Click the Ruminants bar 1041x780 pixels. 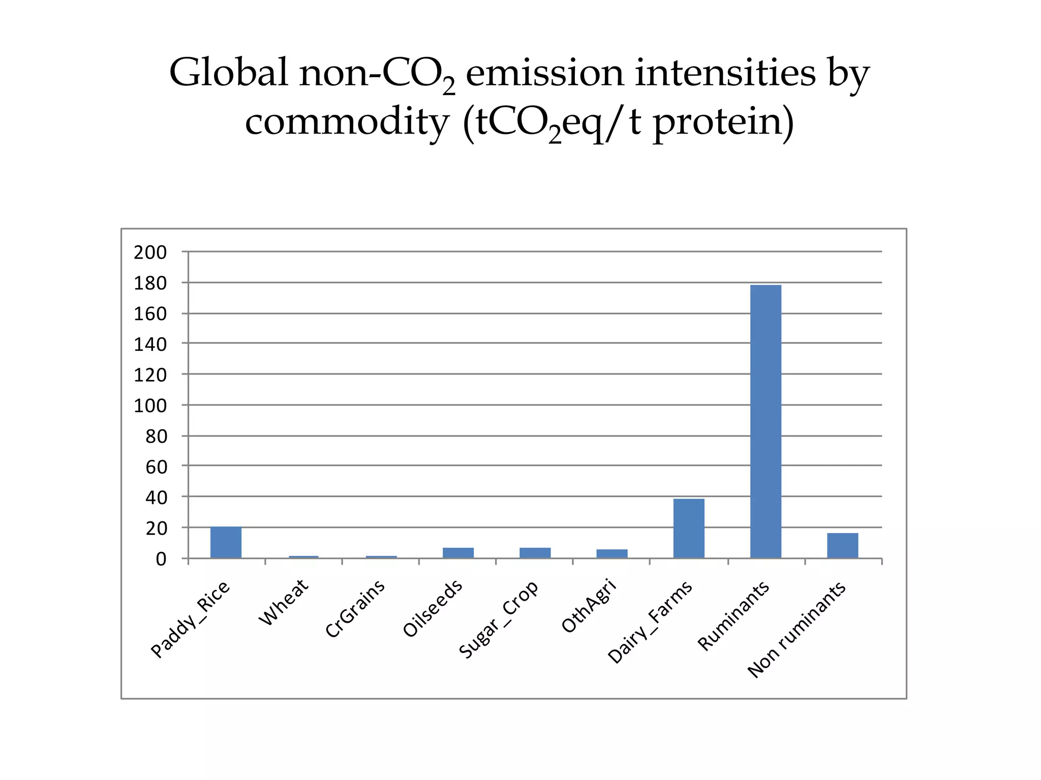(x=766, y=421)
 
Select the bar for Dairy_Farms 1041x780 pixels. (x=689, y=528)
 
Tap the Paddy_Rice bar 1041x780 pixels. (x=226, y=542)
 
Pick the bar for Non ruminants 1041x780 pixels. (x=842, y=545)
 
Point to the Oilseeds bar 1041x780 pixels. (x=458, y=552)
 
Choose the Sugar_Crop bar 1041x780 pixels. (x=535, y=552)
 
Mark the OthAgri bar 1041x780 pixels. (x=612, y=554)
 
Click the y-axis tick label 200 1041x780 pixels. (x=150, y=252)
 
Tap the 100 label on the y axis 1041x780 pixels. (x=150, y=406)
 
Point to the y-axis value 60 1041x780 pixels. (x=156, y=467)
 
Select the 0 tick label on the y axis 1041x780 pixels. (x=161, y=559)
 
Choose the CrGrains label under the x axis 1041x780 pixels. (x=355, y=608)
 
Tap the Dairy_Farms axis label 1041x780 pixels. (x=650, y=622)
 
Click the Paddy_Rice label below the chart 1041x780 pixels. (x=191, y=620)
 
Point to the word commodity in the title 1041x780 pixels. (x=347, y=122)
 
